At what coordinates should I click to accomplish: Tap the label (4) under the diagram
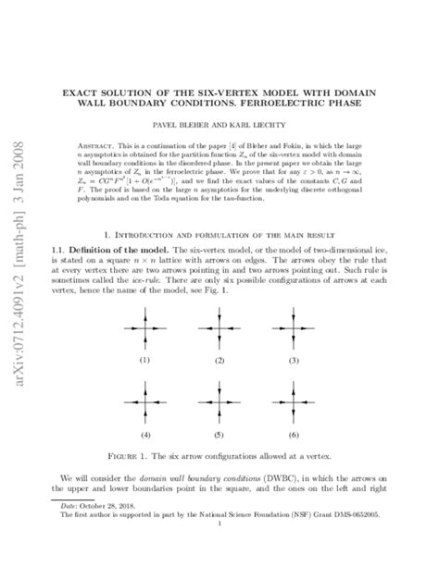click(x=144, y=433)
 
